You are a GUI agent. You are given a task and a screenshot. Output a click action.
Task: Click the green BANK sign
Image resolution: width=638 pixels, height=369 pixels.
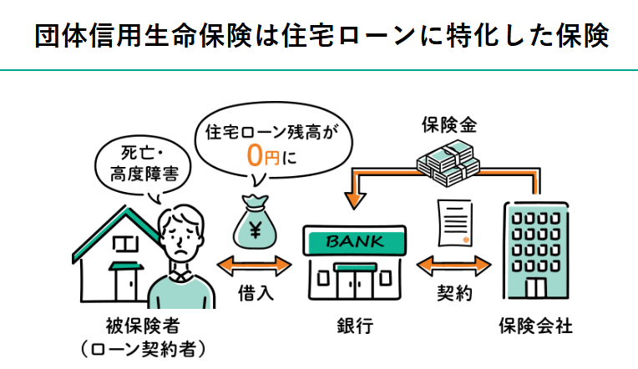click(x=355, y=243)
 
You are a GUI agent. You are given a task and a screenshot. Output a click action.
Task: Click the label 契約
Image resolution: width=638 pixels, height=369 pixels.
click(x=454, y=293)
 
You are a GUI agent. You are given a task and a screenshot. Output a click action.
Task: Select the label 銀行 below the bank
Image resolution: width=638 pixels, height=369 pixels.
click(x=355, y=325)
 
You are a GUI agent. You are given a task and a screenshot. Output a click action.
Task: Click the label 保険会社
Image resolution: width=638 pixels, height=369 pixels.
click(x=536, y=325)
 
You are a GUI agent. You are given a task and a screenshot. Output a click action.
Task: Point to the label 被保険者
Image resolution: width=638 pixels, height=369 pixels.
click(x=137, y=325)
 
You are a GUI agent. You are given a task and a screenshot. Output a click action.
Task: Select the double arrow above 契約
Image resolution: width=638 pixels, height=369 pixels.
click(x=454, y=266)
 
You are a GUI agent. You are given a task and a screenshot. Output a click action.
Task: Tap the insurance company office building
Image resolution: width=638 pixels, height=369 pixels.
click(x=536, y=250)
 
